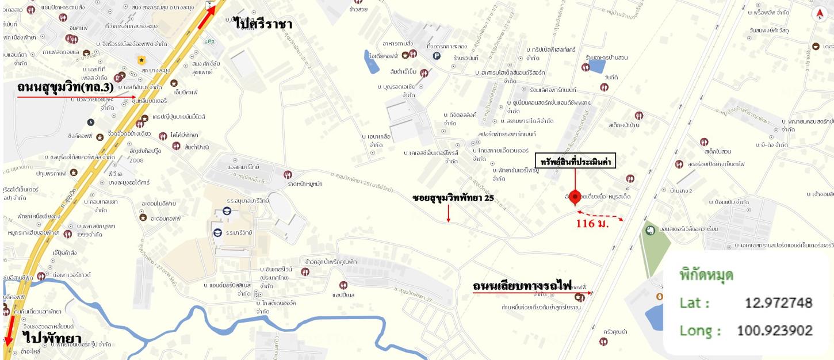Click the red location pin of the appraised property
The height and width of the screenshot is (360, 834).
(574, 196)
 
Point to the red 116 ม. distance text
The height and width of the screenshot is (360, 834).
(592, 223)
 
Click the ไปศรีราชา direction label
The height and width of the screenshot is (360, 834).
(263, 24)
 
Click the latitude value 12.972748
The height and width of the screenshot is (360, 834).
(778, 302)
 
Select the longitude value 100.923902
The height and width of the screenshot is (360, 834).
(774, 331)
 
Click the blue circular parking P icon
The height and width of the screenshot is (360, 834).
(436, 56)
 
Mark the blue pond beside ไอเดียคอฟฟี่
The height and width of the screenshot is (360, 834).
(371, 62)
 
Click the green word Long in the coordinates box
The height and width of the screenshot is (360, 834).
(700, 331)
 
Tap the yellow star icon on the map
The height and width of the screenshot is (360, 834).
(141, 59)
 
